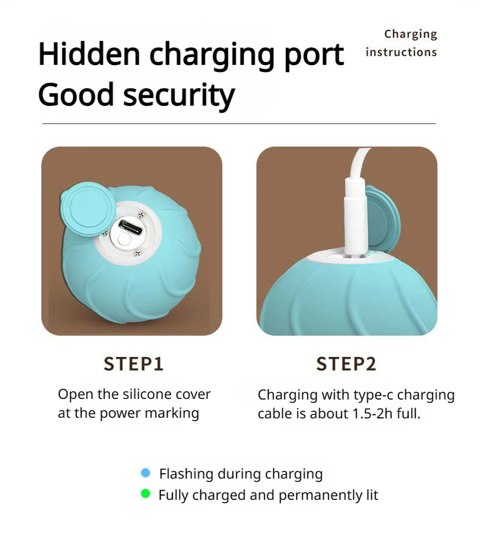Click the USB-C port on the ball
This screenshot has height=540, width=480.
click(x=131, y=227)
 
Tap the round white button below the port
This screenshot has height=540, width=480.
click(x=124, y=240)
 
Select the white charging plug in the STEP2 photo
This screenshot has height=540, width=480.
click(x=355, y=217)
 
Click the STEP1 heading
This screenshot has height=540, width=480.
click(x=134, y=364)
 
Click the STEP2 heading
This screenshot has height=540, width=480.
click(x=346, y=364)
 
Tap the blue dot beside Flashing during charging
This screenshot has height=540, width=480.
click(x=146, y=473)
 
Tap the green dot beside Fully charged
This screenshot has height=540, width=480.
click(x=146, y=494)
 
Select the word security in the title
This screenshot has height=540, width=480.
click(x=179, y=95)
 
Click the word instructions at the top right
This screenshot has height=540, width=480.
click(x=401, y=52)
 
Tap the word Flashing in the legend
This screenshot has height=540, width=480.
click(x=186, y=474)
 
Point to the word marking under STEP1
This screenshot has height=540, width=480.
click(x=172, y=414)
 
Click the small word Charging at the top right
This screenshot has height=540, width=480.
click(x=411, y=34)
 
